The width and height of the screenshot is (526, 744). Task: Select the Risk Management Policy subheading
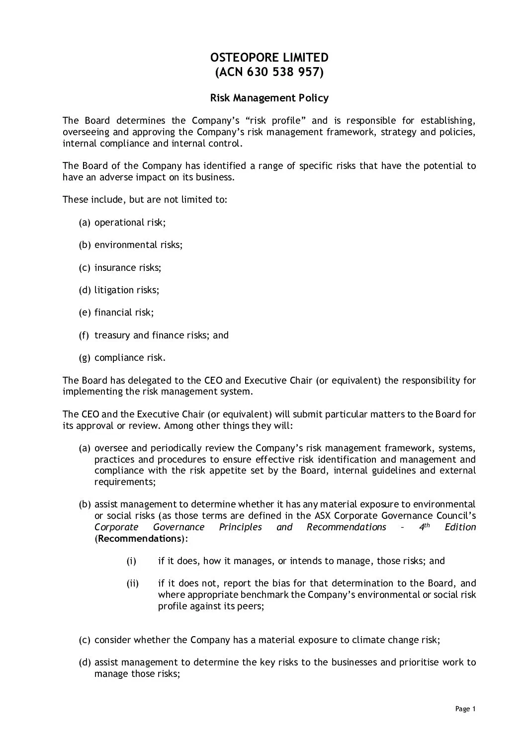[269, 98]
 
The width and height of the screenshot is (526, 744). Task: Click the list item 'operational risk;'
[130, 222]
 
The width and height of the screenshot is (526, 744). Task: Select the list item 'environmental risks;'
[138, 245]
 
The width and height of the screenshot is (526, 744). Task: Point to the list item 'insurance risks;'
[128, 267]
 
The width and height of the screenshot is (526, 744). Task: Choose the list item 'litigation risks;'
[127, 290]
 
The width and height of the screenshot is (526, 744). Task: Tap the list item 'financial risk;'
[124, 312]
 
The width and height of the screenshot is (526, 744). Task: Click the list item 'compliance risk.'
[130, 357]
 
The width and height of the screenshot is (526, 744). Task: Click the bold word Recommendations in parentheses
[137, 538]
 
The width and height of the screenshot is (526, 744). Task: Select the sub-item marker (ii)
[133, 583]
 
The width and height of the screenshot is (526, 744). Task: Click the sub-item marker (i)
[132, 561]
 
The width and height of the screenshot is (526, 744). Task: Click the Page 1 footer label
[465, 709]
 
